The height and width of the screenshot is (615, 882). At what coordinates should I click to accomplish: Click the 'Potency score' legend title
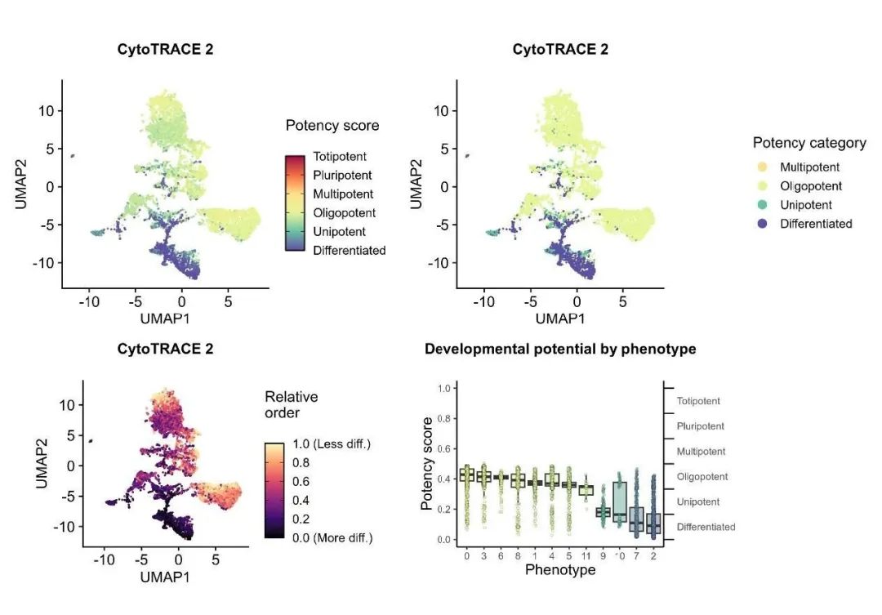(x=332, y=126)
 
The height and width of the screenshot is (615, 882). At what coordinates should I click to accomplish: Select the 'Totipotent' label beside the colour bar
(x=340, y=157)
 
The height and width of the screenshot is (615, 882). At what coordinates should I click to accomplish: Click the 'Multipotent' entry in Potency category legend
(x=809, y=167)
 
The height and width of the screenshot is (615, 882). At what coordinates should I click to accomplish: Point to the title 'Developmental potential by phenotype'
(x=560, y=349)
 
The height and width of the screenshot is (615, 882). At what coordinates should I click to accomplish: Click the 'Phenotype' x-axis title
(x=560, y=568)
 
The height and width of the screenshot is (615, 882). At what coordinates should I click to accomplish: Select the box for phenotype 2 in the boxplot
(x=652, y=524)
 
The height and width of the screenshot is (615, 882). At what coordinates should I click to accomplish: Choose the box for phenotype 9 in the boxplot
(x=604, y=512)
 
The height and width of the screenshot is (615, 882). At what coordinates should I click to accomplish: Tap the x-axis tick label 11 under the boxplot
(x=586, y=555)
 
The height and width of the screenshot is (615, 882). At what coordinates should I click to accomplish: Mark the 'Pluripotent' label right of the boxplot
(x=701, y=426)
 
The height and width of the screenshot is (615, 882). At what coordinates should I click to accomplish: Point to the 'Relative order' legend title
(x=291, y=403)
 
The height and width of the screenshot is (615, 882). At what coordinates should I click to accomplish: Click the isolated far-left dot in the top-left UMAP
(x=73, y=156)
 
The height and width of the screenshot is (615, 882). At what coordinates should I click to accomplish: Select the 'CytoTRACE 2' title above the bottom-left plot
(x=166, y=349)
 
